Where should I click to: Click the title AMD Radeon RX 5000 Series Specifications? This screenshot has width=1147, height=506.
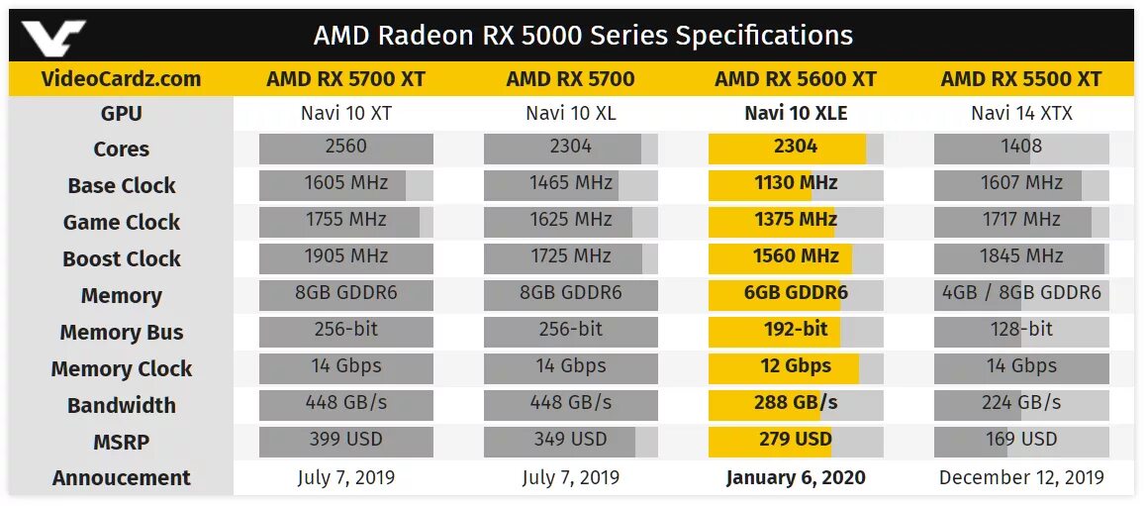(583, 37)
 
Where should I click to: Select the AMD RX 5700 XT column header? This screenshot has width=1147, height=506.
(345, 79)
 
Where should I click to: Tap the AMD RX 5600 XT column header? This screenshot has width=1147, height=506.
(796, 79)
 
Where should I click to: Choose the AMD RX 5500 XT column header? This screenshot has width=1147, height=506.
(1020, 79)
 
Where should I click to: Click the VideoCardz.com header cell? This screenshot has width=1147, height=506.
(121, 79)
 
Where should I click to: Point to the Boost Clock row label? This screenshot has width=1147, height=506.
(121, 259)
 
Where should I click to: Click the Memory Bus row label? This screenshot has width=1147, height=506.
(121, 333)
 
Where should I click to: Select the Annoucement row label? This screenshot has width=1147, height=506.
(121, 478)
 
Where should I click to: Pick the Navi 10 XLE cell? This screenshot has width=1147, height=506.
(796, 114)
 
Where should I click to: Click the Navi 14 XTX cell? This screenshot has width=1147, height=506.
(1021, 114)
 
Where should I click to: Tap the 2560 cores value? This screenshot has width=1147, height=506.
(345, 148)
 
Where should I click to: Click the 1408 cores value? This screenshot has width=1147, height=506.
(1021, 148)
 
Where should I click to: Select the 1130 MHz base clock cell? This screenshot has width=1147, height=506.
(796, 184)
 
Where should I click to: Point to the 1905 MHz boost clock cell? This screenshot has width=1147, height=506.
(345, 257)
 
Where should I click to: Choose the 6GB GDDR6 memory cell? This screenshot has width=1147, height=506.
(796, 294)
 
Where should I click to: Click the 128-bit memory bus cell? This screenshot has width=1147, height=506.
(1021, 330)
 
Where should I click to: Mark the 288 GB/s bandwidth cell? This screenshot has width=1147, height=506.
(796, 403)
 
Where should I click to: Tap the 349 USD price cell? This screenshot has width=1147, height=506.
(571, 440)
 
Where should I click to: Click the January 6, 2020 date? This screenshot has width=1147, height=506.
(796, 478)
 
